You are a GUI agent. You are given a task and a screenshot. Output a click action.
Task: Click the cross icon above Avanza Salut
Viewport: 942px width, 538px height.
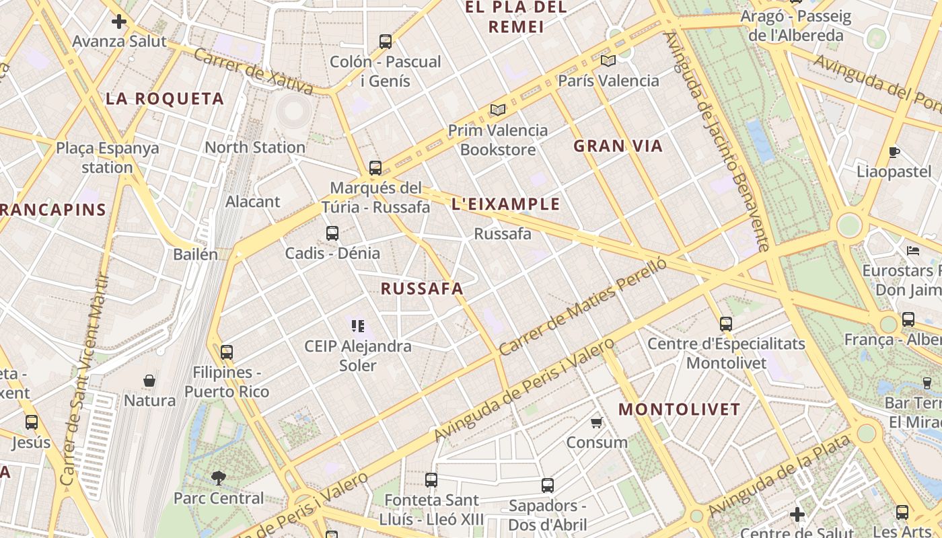[x=119, y=22]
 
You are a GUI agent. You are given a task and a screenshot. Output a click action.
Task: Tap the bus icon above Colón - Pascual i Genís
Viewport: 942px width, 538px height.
[x=385, y=42]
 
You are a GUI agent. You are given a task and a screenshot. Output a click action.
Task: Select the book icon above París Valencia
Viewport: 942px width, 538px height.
[x=608, y=61]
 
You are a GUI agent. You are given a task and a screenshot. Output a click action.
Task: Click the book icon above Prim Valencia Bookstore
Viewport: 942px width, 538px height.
[x=498, y=110]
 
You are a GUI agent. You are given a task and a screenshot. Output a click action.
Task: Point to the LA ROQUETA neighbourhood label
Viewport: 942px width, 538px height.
[x=165, y=99]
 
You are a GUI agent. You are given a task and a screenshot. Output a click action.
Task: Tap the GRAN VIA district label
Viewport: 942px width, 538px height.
[x=618, y=146]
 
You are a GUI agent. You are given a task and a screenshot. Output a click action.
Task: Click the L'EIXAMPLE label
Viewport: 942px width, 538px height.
[x=506, y=204]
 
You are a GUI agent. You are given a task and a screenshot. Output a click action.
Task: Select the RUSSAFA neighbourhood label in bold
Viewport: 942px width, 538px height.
[x=422, y=289]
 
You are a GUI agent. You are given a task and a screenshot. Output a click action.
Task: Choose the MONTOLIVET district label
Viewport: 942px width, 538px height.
[x=679, y=409]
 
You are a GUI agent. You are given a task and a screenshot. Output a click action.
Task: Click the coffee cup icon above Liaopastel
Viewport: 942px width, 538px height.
[x=894, y=152]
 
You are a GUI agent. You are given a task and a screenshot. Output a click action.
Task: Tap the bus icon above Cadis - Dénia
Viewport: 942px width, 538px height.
[x=332, y=233]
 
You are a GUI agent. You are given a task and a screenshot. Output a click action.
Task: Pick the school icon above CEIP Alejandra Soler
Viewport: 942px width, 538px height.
[x=357, y=327]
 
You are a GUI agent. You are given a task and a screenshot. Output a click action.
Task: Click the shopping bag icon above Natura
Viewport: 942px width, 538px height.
[x=149, y=381]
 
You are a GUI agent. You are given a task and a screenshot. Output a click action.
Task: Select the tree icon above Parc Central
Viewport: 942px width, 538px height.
[x=218, y=478]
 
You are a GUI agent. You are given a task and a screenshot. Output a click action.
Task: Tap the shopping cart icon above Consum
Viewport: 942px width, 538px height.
[x=596, y=422]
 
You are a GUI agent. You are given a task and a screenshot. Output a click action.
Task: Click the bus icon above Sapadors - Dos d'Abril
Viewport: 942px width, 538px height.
[x=548, y=485]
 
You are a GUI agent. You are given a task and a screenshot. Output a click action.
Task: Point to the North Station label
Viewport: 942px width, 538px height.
[x=255, y=147]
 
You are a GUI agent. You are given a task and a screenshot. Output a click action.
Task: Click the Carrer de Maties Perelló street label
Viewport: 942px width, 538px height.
[x=583, y=307]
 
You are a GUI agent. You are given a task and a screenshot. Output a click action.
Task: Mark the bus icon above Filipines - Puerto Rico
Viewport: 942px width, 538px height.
[x=227, y=352]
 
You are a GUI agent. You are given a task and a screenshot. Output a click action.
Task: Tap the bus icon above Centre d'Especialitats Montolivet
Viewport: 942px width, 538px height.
[x=726, y=323]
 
